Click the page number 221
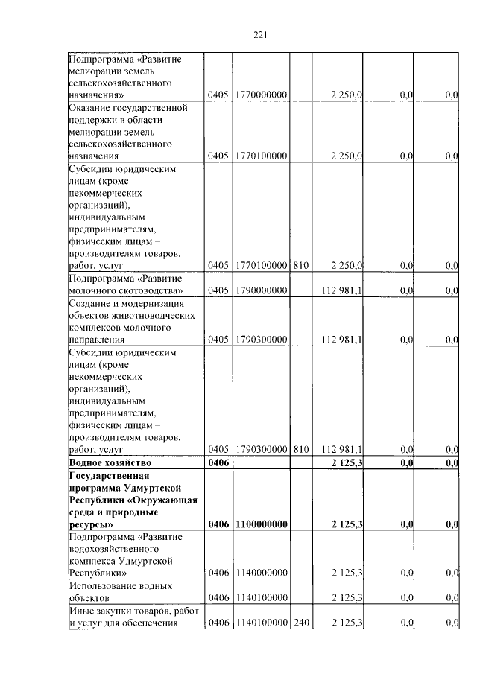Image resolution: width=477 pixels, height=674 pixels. click(x=260, y=34)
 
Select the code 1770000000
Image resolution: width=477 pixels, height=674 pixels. click(x=261, y=95)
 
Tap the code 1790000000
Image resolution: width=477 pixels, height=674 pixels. click(x=261, y=290)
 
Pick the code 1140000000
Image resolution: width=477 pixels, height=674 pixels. click(x=261, y=573)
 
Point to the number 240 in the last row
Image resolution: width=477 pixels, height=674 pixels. click(x=300, y=622)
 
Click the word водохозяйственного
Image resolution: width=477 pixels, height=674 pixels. click(x=116, y=549)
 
